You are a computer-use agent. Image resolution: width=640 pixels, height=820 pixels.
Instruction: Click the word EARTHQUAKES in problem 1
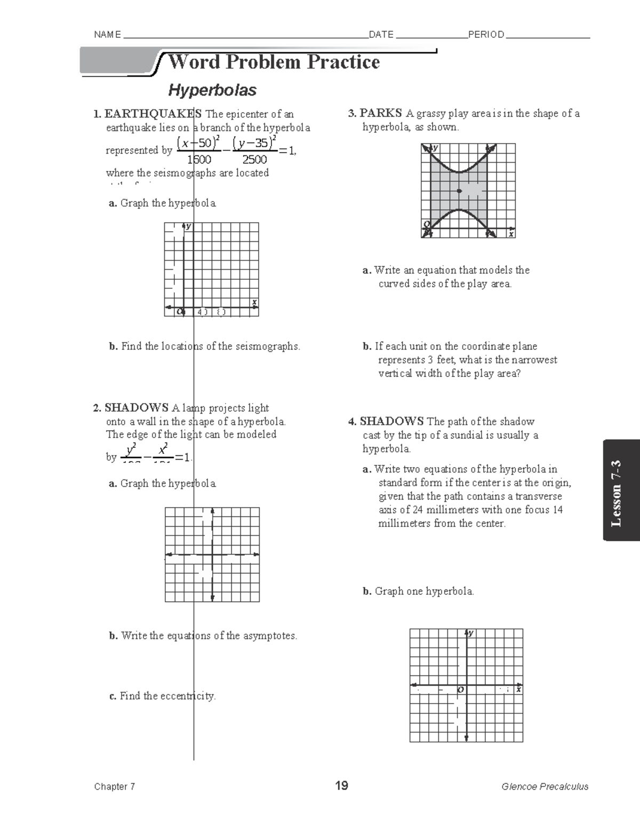tap(153, 114)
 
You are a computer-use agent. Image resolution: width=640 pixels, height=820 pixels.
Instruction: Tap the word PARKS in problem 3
tap(380, 113)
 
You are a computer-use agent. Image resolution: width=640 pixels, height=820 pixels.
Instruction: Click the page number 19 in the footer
tap(341, 786)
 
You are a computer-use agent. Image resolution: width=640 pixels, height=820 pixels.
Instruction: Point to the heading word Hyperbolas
tap(212, 90)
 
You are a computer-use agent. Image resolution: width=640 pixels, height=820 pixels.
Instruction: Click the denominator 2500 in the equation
tap(254, 160)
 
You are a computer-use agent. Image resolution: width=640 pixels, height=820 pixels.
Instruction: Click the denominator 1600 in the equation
tap(198, 160)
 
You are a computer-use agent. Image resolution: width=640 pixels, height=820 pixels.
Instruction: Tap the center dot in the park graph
tap(459, 191)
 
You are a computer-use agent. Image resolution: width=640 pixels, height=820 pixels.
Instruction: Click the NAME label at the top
tap(107, 35)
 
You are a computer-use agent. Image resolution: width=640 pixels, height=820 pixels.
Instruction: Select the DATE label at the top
tap(381, 35)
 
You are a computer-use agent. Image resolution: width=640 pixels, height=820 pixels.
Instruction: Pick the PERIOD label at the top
tap(486, 35)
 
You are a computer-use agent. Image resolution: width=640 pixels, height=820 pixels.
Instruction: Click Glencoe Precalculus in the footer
tap(545, 786)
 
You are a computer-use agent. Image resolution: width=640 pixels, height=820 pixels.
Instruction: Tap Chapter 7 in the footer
tap(115, 786)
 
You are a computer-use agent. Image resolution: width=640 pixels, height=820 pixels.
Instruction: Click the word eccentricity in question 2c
tap(189, 696)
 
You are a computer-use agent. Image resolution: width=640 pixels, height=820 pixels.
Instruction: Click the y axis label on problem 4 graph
tap(471, 634)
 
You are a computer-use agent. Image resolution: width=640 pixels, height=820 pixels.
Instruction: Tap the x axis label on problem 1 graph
tap(254, 302)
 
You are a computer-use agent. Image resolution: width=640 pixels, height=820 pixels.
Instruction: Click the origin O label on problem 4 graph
tap(461, 690)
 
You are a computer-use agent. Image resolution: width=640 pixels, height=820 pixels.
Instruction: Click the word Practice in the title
tap(343, 62)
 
